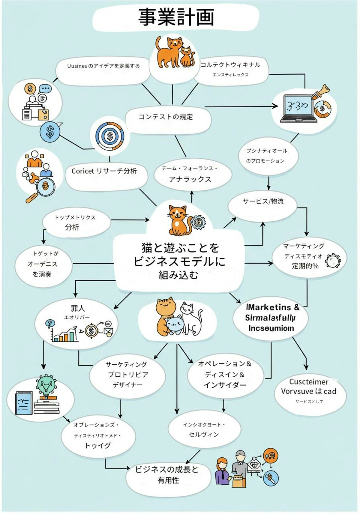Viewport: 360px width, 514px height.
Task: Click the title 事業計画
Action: pos(176,17)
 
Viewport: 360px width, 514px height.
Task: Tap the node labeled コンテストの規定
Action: pos(166,117)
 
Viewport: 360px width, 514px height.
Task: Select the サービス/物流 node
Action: pos(263,201)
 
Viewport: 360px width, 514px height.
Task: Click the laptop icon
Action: pos(298,108)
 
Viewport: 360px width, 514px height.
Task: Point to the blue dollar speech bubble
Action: pos(50,131)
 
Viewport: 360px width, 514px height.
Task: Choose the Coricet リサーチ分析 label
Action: pos(104,171)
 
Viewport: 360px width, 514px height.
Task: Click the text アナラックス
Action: pos(190,179)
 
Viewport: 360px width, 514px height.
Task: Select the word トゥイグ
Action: pos(97,446)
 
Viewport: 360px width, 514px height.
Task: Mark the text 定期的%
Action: pos(305,266)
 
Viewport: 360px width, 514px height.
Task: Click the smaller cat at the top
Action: pos(187,57)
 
